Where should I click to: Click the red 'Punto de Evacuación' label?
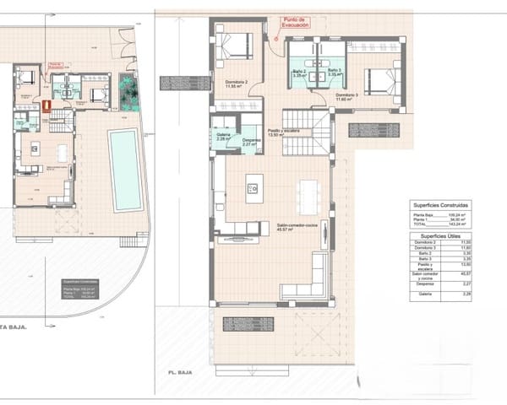(298, 22)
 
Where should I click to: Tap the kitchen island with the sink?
(254, 188)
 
